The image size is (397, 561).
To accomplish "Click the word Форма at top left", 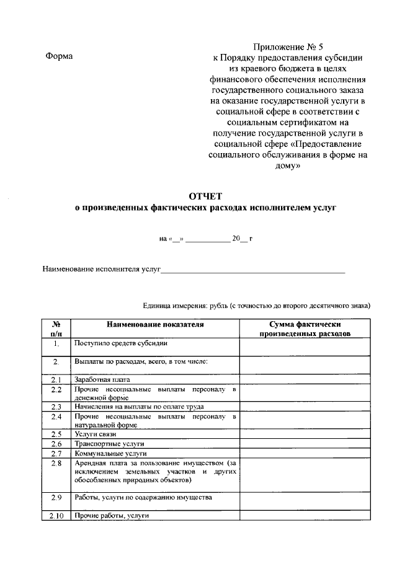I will coord(59,56).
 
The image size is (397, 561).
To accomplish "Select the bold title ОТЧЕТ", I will coord(205,197).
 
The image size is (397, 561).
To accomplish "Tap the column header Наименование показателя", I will coord(154,324).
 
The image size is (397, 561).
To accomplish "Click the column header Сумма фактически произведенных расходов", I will coord(305,329).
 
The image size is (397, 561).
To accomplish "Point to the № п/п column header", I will coord(55,329).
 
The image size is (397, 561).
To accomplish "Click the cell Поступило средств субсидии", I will coord(120,343).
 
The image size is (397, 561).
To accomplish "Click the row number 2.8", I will coord(55,463).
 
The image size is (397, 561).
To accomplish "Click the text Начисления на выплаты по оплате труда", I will coord(139,407).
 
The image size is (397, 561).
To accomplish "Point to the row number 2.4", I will coord(55,417).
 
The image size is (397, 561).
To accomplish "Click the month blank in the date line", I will coord(207,239).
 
